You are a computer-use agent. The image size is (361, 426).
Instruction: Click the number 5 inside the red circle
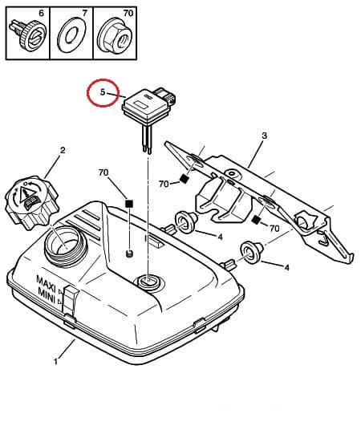(103, 92)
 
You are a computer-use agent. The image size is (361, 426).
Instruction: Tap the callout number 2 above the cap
(63, 150)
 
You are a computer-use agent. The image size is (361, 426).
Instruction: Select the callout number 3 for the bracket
(264, 136)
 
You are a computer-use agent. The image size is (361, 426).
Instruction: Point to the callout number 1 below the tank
(56, 362)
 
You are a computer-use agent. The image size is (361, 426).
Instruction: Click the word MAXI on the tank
(46, 281)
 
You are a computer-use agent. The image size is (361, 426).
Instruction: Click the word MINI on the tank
(47, 293)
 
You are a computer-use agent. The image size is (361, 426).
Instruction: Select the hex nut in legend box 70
(115, 35)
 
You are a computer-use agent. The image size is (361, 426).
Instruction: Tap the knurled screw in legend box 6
(27, 34)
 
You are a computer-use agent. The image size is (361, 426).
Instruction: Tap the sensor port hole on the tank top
(148, 281)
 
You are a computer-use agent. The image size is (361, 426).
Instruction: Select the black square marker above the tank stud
(128, 203)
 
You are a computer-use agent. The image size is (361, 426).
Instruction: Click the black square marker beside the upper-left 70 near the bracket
(185, 178)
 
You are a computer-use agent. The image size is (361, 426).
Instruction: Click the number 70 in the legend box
(128, 13)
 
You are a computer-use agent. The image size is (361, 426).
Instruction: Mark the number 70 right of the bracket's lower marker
(274, 228)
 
